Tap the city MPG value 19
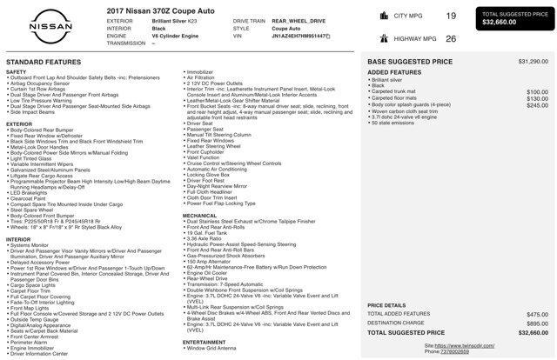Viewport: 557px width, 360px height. [451, 16]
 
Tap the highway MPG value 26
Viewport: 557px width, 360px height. [451, 38]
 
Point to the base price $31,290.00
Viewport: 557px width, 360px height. [533, 62]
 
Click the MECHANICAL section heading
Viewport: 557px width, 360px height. [199, 215]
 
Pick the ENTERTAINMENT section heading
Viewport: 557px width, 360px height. [205, 342]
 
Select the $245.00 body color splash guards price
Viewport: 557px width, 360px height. [537, 105]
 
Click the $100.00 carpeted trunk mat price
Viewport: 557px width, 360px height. [537, 91]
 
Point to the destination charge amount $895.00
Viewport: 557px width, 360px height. [537, 323]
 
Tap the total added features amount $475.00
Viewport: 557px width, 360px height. [537, 315]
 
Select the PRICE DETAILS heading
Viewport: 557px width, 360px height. [386, 305]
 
